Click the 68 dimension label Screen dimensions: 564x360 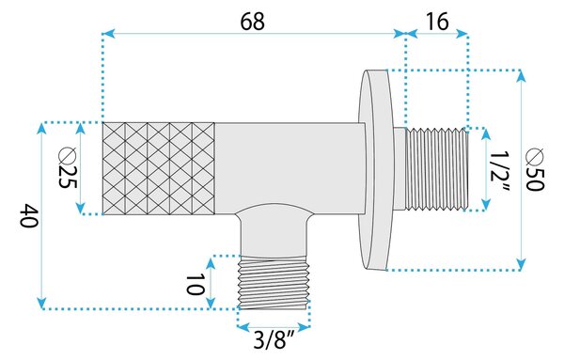click(252, 22)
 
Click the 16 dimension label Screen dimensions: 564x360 click(437, 22)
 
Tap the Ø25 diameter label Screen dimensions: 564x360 click(68, 167)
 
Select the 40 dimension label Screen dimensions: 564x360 click(28, 215)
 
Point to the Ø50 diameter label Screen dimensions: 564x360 click(535, 169)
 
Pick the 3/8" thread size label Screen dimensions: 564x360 click(274, 340)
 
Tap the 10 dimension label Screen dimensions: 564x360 click(195, 284)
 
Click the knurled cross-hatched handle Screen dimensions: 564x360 click(159, 168)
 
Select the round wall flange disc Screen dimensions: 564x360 click(376, 169)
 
